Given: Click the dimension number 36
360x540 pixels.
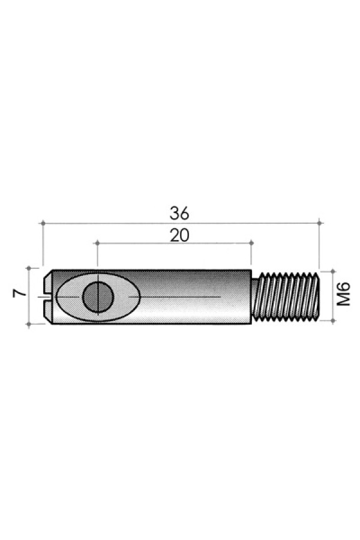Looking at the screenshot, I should (x=179, y=212).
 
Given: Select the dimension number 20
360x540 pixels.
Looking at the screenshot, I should (x=179, y=235).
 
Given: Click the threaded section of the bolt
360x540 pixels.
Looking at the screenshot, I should (x=286, y=296).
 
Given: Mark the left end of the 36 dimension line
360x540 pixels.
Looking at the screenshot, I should (x=43, y=223).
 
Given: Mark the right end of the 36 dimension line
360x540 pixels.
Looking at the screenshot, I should (x=319, y=223).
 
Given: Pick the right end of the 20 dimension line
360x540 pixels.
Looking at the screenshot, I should (x=251, y=243).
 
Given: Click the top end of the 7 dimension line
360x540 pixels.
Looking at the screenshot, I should (x=29, y=268).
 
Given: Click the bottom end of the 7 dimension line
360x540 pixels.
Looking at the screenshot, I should (x=29, y=324).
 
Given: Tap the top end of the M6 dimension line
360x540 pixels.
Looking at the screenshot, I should (x=332, y=271).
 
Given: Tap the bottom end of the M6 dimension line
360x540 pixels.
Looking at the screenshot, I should (x=332, y=320).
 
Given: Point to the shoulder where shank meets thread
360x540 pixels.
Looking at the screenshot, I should (x=252, y=296).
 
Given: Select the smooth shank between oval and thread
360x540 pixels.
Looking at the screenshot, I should (x=192, y=282).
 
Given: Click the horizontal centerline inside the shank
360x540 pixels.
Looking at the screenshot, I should (x=180, y=297).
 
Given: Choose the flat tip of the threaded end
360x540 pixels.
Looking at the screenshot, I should (x=318, y=296).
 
